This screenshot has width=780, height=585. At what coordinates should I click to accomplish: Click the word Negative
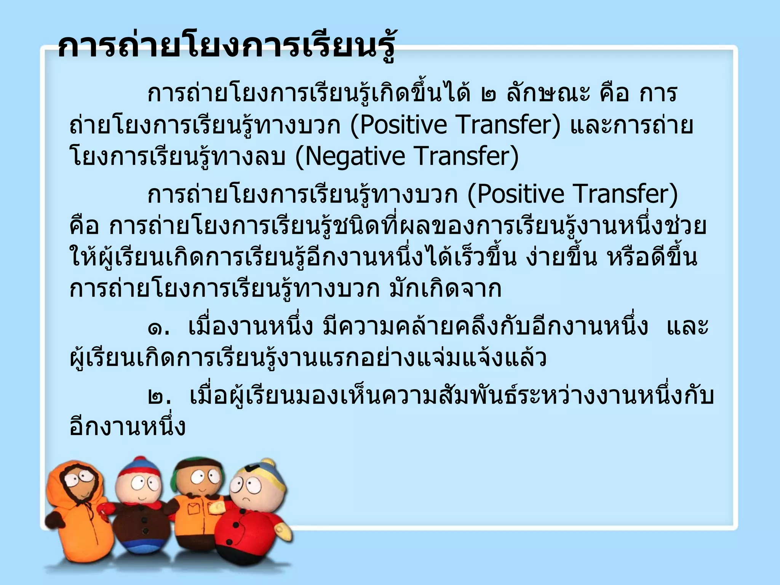[355, 157]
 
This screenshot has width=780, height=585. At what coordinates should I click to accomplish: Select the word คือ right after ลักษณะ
[614, 94]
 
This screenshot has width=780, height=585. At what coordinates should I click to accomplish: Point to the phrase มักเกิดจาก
[445, 289]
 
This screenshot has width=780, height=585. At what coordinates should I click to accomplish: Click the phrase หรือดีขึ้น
[652, 257]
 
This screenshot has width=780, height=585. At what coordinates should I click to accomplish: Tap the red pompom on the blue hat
[141, 460]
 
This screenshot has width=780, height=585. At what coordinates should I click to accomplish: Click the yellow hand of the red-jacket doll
[284, 531]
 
